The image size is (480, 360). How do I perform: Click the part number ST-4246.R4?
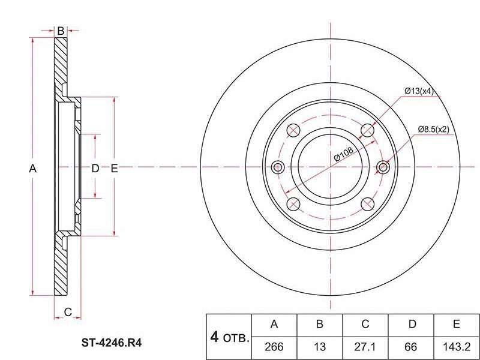112,343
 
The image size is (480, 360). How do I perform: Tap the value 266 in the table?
274,347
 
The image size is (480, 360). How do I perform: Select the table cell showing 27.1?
365,347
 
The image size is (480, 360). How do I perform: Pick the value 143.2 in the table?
457,347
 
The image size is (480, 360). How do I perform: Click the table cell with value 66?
410,347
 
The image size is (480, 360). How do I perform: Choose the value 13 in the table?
320,347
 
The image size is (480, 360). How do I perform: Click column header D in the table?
412,324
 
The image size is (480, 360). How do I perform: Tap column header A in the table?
274,324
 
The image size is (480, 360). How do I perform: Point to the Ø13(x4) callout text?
419,91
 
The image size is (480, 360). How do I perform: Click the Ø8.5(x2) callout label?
434,130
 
